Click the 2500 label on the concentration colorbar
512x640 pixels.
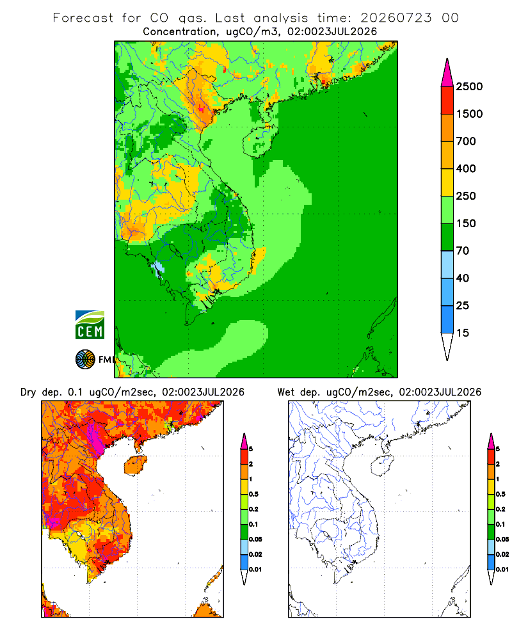[469, 86]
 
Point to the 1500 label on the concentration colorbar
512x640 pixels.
[469, 114]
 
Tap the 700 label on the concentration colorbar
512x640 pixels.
[466, 141]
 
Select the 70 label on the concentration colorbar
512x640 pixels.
[463, 251]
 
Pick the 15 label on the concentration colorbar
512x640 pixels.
[463, 333]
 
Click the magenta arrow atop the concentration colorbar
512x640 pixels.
[447, 73]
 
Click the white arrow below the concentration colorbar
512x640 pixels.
[447, 346]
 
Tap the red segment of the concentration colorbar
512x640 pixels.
[447, 100]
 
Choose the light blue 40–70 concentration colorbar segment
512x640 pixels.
[447, 264]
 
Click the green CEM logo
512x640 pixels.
[90, 325]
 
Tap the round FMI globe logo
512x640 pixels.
[85, 360]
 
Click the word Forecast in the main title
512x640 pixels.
[83, 18]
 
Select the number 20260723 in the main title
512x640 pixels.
[396, 18]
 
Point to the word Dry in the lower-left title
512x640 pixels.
[28, 392]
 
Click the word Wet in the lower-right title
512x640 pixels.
[286, 392]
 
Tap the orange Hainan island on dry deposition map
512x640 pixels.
[136, 466]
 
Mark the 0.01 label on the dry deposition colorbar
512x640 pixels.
[255, 570]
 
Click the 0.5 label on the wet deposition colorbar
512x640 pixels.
[500, 494]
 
